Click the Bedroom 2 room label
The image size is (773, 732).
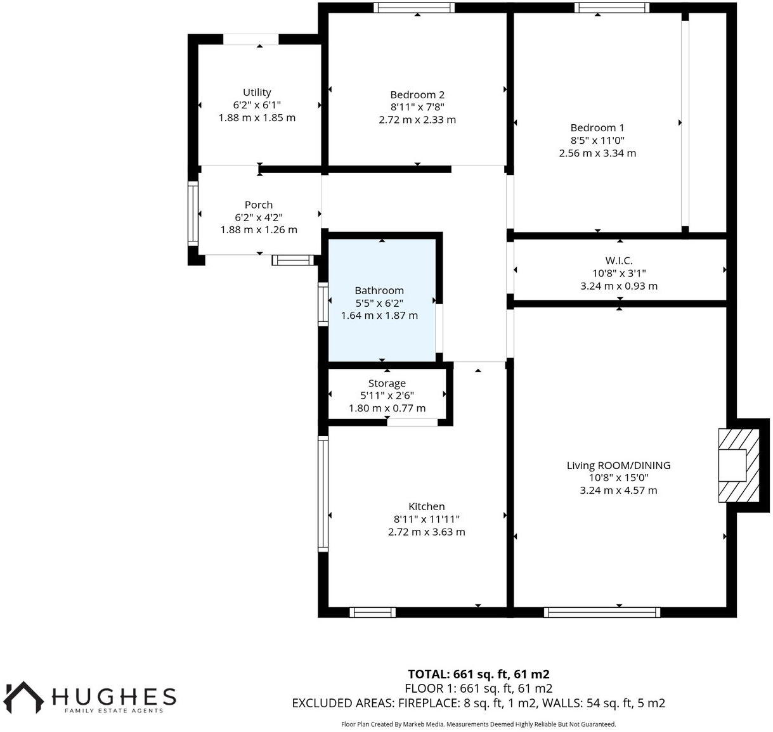click(417, 95)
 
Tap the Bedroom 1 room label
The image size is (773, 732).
click(597, 128)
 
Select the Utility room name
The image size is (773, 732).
click(257, 93)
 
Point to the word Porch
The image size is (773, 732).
click(259, 205)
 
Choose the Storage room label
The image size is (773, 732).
click(387, 383)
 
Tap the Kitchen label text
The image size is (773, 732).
click(426, 506)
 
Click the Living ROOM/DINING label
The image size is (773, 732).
click(618, 465)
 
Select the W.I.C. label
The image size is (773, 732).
click(618, 260)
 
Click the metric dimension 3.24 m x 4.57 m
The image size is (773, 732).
click(618, 491)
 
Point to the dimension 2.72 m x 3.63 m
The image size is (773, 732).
click(426, 532)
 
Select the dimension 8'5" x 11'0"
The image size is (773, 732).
click(597, 141)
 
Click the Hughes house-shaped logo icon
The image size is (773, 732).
click(24, 697)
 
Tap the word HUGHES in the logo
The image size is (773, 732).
click(114, 697)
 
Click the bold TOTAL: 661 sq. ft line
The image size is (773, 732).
click(478, 674)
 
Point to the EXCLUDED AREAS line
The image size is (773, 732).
click(478, 703)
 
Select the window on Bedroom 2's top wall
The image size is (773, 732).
click(413, 8)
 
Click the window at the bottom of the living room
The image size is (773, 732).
click(601, 612)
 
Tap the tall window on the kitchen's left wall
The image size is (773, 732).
click(323, 494)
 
